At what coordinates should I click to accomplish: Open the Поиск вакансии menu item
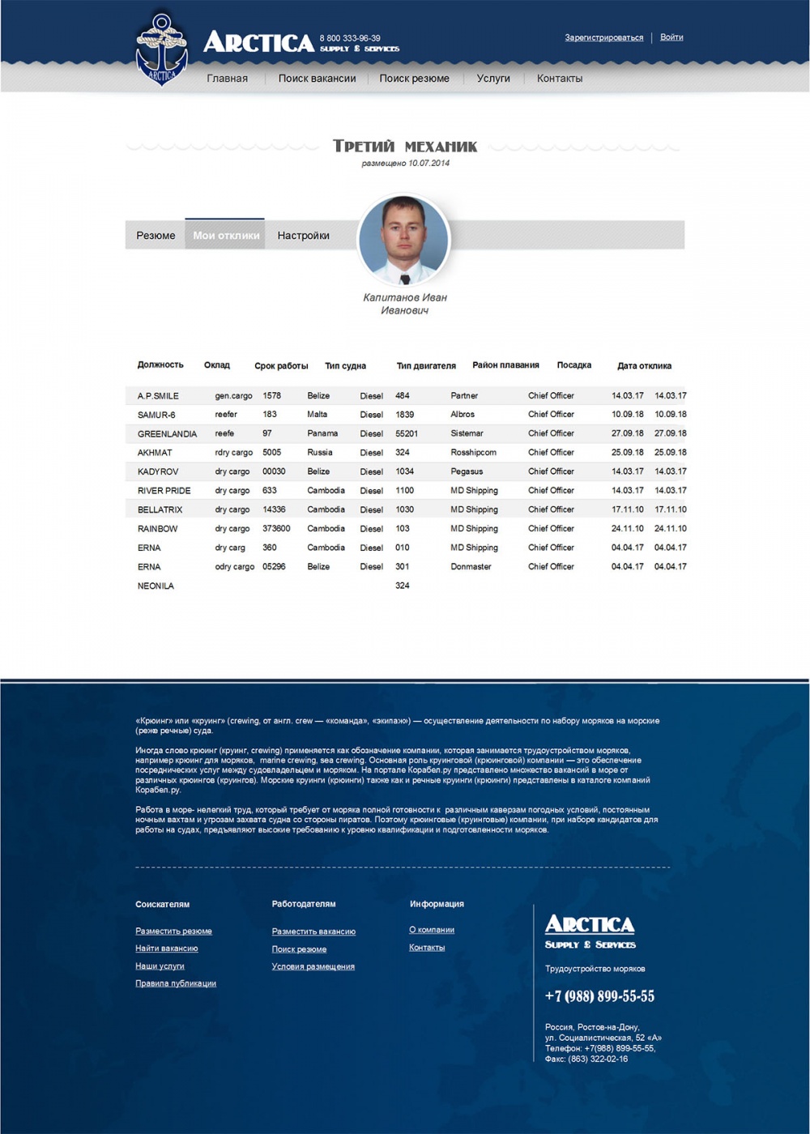tap(317, 79)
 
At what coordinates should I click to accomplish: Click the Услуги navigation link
tap(493, 79)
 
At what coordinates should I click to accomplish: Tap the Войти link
tap(671, 37)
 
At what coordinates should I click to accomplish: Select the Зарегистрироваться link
tap(604, 38)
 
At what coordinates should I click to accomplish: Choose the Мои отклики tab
tap(226, 236)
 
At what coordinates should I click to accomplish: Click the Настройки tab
tap(303, 236)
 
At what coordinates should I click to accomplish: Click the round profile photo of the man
tap(403, 241)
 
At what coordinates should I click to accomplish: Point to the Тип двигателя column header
tap(426, 366)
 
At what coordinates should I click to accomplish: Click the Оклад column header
tap(217, 365)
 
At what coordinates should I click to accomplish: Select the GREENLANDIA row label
tap(167, 434)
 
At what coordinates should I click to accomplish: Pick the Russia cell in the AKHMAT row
tap(320, 453)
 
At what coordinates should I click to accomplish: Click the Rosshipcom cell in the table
tap(474, 453)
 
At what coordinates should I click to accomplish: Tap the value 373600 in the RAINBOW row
tap(276, 529)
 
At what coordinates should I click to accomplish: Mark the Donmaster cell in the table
tap(471, 567)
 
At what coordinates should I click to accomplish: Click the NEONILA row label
tap(156, 586)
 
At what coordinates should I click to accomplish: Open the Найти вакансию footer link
tap(167, 949)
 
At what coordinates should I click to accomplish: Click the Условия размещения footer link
tap(313, 967)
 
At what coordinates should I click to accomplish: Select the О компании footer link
tap(432, 931)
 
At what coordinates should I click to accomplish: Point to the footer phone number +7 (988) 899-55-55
tap(599, 996)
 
